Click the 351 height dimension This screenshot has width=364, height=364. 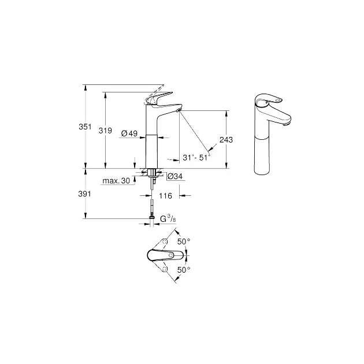coord(85,127)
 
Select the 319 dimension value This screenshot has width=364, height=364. coord(105,131)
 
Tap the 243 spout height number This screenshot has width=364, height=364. coord(226,140)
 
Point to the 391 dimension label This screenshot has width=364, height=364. coord(84,194)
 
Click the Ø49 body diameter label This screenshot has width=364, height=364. coord(129,133)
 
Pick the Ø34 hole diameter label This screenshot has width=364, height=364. coord(175,176)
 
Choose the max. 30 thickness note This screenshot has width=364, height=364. coord(116,181)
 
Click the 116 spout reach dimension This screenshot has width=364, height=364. coord(165,196)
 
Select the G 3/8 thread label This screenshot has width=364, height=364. coord(168,219)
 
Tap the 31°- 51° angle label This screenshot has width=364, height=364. coord(196,158)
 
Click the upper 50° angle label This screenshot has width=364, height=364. coord(184,242)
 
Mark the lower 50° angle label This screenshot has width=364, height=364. coord(184,270)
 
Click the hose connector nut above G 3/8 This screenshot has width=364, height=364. coord(151,217)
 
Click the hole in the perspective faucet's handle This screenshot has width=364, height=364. coord(278,100)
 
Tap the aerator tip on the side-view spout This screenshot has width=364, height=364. coord(179,110)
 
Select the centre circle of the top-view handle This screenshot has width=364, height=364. coord(171,255)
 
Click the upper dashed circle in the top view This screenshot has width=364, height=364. coord(165,242)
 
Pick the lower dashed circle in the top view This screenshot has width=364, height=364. coord(165,269)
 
